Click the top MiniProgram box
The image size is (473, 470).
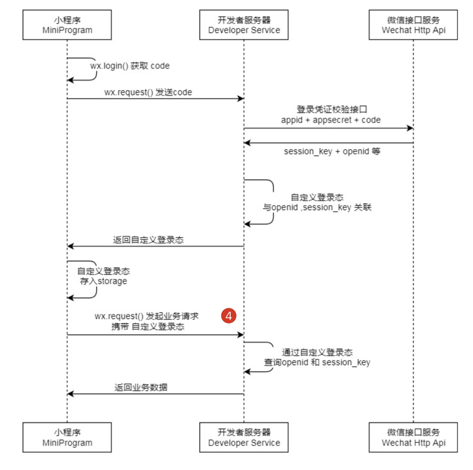[x=67, y=25]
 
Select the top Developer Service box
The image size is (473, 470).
[x=244, y=25]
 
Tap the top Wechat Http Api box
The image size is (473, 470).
[x=413, y=25]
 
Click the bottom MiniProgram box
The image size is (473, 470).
[x=67, y=437]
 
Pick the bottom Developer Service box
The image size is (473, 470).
[x=244, y=437]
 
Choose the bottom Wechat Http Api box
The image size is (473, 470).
[x=413, y=437]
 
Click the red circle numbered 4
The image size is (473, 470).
[x=229, y=316]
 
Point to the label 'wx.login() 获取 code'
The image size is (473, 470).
[x=130, y=66]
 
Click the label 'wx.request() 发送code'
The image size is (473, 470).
[x=148, y=92]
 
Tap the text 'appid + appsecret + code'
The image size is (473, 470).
[x=331, y=120]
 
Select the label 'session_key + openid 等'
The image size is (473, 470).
[x=332, y=151]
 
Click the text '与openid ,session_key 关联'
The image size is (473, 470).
[x=317, y=208]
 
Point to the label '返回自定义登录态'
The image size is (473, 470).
[x=148, y=240]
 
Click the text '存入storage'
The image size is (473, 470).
[x=103, y=281]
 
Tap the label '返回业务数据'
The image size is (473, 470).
[x=141, y=387]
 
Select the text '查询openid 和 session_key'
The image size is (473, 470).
[x=317, y=362]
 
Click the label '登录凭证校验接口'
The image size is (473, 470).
[x=332, y=110]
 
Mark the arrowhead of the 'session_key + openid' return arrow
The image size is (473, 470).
[x=247, y=143]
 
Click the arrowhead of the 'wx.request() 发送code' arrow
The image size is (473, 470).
[x=241, y=99]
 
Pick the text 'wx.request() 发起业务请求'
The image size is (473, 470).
[x=146, y=316]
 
